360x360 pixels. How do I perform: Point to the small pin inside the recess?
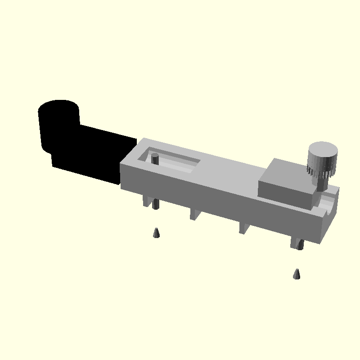point(155,158)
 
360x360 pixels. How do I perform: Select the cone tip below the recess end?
point(156,233)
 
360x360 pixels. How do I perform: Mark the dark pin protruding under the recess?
point(156,204)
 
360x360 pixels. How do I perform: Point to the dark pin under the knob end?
point(300,245)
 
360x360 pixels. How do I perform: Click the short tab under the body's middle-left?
point(194,213)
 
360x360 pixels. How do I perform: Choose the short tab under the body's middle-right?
point(243,228)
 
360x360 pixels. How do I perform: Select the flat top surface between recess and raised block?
point(229,169)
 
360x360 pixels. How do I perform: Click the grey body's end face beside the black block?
point(128,173)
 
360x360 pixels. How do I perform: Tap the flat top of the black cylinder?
point(59,108)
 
